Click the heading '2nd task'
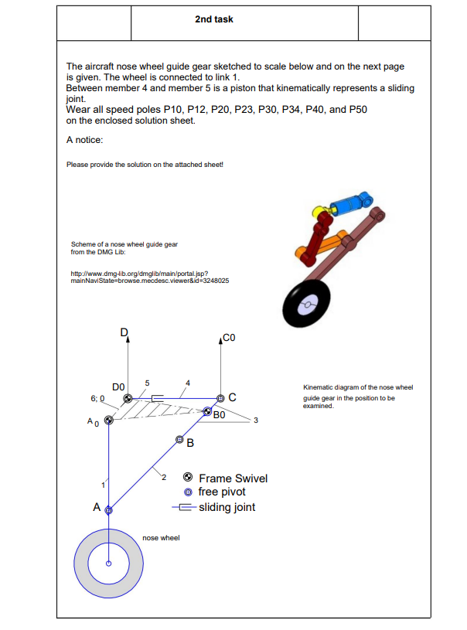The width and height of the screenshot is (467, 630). click(214, 19)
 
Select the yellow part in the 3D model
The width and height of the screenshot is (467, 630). click(317, 211)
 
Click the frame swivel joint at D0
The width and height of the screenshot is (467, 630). click(127, 399)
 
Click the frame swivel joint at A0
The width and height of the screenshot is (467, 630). click(109, 420)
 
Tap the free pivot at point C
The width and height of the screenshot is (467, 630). click(220, 398)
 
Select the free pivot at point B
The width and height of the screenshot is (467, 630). click(179, 440)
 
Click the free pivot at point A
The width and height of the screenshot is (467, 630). click(109, 509)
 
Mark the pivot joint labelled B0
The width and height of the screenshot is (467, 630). click(207, 412)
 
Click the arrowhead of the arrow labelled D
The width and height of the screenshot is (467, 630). click(128, 339)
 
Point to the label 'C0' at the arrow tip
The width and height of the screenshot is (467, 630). click(228, 338)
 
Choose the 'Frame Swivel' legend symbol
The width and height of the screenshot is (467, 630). click(187, 478)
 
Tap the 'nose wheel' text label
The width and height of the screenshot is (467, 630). click(161, 537)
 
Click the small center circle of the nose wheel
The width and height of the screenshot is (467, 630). click(109, 563)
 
